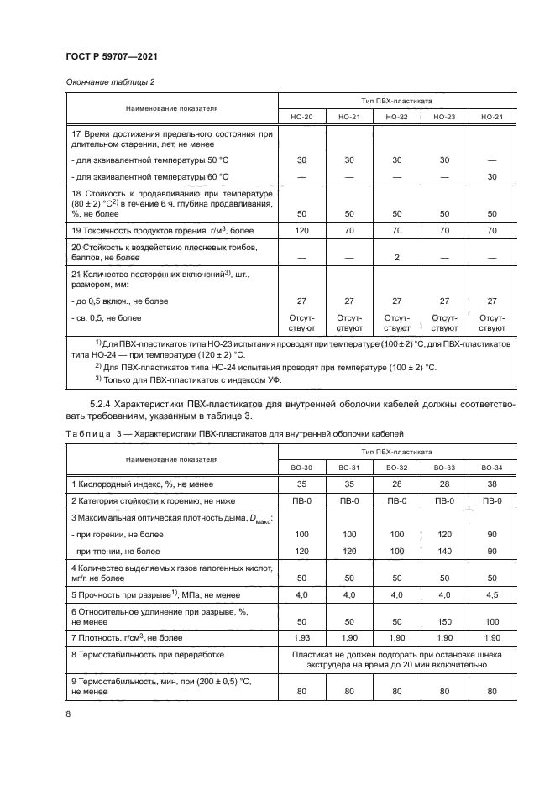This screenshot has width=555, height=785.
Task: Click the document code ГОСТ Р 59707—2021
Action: tap(112, 55)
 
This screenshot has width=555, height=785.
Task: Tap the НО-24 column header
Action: tap(492, 117)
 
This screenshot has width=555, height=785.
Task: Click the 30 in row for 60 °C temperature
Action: tap(492, 176)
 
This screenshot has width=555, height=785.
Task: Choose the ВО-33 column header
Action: tap(444, 468)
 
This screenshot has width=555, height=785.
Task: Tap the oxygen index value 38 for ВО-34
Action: tap(492, 484)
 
